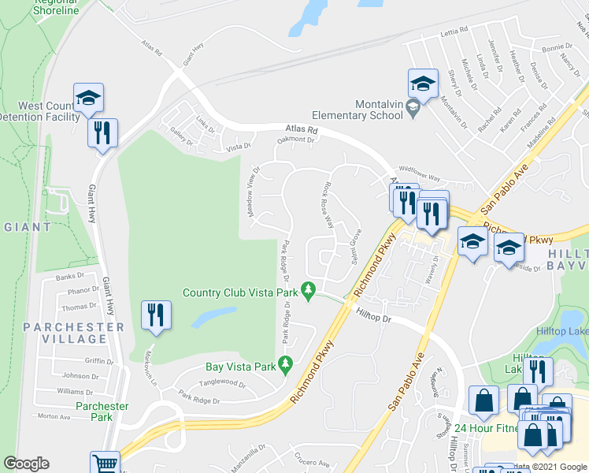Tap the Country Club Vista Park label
[x=243, y=292]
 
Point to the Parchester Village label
[x=74, y=333]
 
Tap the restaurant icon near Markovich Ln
[x=155, y=316]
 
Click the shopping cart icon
[x=104, y=464]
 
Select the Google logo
[x=26, y=464]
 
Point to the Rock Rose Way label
[x=328, y=203]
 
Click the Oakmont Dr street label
[x=294, y=141]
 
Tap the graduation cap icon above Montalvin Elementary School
[x=423, y=84]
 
